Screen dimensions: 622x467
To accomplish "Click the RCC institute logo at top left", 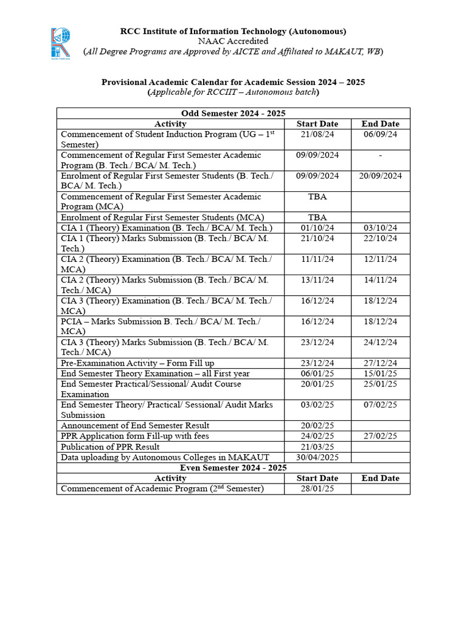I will pos(61,42).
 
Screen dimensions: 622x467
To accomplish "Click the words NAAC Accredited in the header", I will pos(233,41).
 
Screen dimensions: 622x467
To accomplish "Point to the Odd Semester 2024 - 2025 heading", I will pos(233,114).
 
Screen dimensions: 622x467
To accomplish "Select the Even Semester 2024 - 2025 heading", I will pos(233,468).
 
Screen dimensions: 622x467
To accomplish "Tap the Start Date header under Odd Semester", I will pos(317,124).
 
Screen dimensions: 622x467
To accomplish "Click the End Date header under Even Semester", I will pos(380,478).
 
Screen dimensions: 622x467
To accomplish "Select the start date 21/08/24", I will pos(317,134).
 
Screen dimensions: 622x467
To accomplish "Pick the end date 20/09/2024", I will pos(380,176).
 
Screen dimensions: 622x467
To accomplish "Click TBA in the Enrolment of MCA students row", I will pos(317,217).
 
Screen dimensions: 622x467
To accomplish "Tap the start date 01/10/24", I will pos(317,228).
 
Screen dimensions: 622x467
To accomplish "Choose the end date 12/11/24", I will pos(380,259).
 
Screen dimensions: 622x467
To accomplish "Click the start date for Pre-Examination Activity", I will pos(317,363).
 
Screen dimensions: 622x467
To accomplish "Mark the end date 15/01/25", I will pos(380,374).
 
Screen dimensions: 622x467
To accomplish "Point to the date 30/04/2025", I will pos(317,457).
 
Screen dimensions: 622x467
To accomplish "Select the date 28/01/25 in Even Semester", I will pos(317,489).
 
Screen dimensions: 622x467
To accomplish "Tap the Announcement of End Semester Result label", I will pos(135,426).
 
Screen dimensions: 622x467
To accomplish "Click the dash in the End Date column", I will pos(380,155).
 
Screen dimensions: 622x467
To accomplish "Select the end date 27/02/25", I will pos(380,436).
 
